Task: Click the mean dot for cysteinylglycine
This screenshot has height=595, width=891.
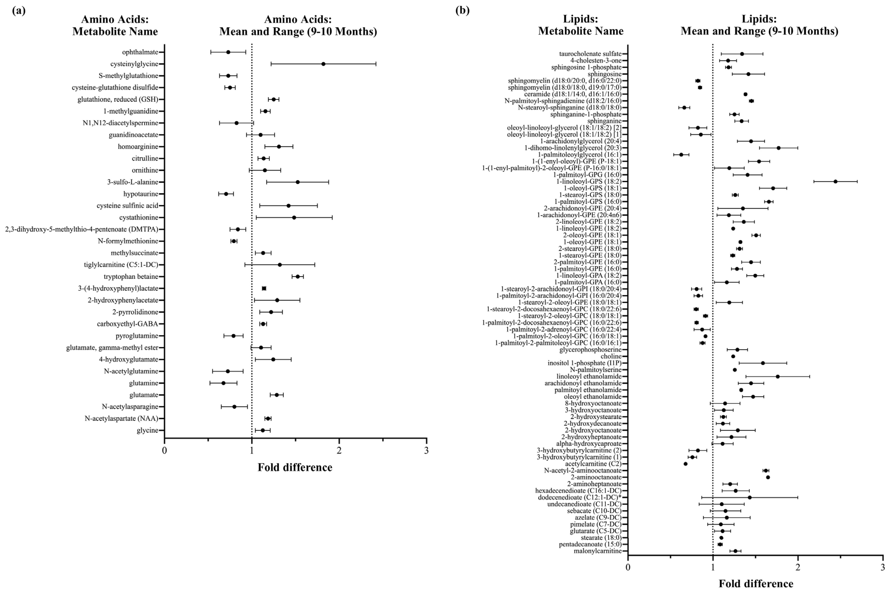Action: pos(323,64)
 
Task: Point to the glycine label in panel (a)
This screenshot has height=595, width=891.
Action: pos(148,430)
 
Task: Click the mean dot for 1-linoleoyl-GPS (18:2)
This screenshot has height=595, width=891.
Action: pos(835,181)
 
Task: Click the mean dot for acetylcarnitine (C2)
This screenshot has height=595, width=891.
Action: pos(686,464)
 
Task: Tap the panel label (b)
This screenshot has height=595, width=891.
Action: pos(462,11)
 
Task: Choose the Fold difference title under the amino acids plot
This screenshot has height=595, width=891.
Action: pos(295,468)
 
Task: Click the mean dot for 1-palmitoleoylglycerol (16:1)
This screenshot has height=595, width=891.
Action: pos(681,154)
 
